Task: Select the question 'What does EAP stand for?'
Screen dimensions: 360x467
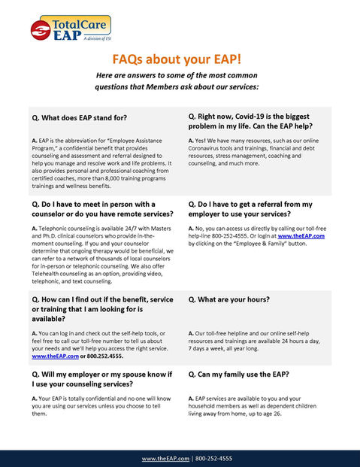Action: tap(85, 118)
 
